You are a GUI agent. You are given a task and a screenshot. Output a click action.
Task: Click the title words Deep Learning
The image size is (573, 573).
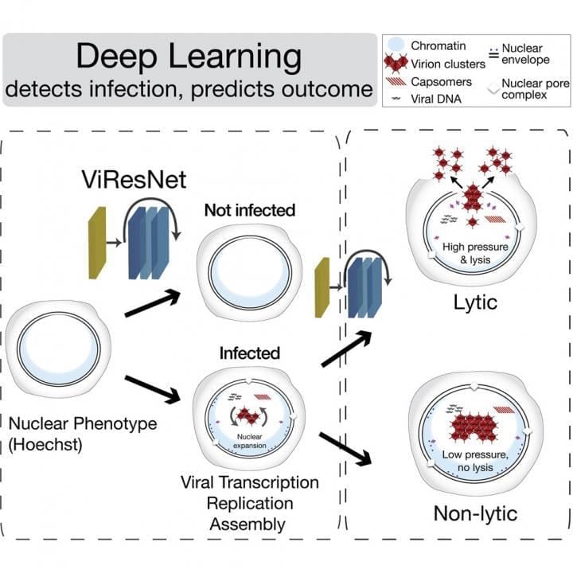[189, 58]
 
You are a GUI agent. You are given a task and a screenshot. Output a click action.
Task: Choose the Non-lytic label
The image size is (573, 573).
[474, 513]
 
